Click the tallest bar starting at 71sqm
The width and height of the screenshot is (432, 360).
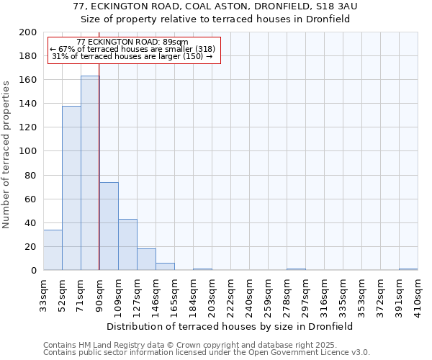(90, 173)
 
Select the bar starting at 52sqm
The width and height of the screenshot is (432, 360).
(71, 188)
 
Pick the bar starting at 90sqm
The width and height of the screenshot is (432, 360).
(109, 226)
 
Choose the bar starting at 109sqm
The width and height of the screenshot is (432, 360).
(127, 245)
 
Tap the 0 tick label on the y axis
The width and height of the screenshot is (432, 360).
(33, 271)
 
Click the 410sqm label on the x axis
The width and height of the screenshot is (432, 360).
(418, 294)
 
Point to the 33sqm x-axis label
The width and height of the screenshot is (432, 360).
(43, 294)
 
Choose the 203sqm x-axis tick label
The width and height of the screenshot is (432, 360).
(212, 294)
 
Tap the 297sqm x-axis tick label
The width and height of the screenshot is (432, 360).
(305, 294)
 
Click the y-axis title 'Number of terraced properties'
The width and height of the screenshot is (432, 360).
(6, 154)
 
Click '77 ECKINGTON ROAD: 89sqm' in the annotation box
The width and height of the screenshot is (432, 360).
(132, 42)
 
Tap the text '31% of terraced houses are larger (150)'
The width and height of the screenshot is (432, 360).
(132, 56)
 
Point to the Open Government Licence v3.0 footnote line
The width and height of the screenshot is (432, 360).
(206, 353)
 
